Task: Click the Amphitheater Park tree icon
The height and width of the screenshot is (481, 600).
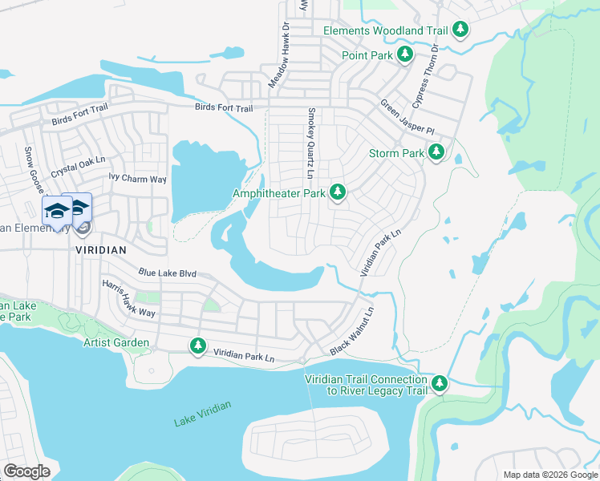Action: (x=339, y=192)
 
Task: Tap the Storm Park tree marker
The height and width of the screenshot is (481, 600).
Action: (x=436, y=152)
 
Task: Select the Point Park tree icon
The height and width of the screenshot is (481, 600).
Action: (x=406, y=55)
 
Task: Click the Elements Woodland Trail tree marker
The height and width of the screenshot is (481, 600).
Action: (x=460, y=30)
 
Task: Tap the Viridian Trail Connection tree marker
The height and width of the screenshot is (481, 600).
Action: (x=439, y=384)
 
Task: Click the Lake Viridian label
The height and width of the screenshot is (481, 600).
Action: (x=202, y=414)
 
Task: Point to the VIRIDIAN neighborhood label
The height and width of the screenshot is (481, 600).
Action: (x=101, y=250)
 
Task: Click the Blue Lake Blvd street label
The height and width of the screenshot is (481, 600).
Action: (x=167, y=273)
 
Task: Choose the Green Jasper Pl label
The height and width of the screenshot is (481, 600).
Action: (x=407, y=118)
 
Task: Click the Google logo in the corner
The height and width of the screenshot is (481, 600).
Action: (x=27, y=471)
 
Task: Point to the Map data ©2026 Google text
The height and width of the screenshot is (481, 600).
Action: (x=549, y=475)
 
